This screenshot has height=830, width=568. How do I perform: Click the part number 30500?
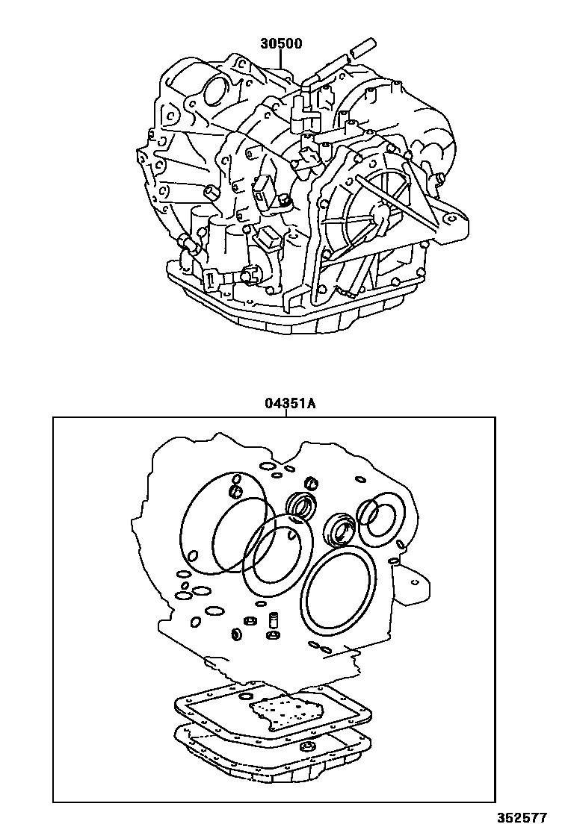281,43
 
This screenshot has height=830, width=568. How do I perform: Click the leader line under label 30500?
281,60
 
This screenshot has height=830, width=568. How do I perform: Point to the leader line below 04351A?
288,414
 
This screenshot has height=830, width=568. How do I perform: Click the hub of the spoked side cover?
380,216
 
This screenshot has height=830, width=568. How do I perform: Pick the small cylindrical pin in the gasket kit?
273,620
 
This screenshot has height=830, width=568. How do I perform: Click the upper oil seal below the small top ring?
303,506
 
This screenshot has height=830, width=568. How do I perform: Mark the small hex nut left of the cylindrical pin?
247,622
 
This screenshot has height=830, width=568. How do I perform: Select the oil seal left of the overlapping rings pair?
340,528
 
